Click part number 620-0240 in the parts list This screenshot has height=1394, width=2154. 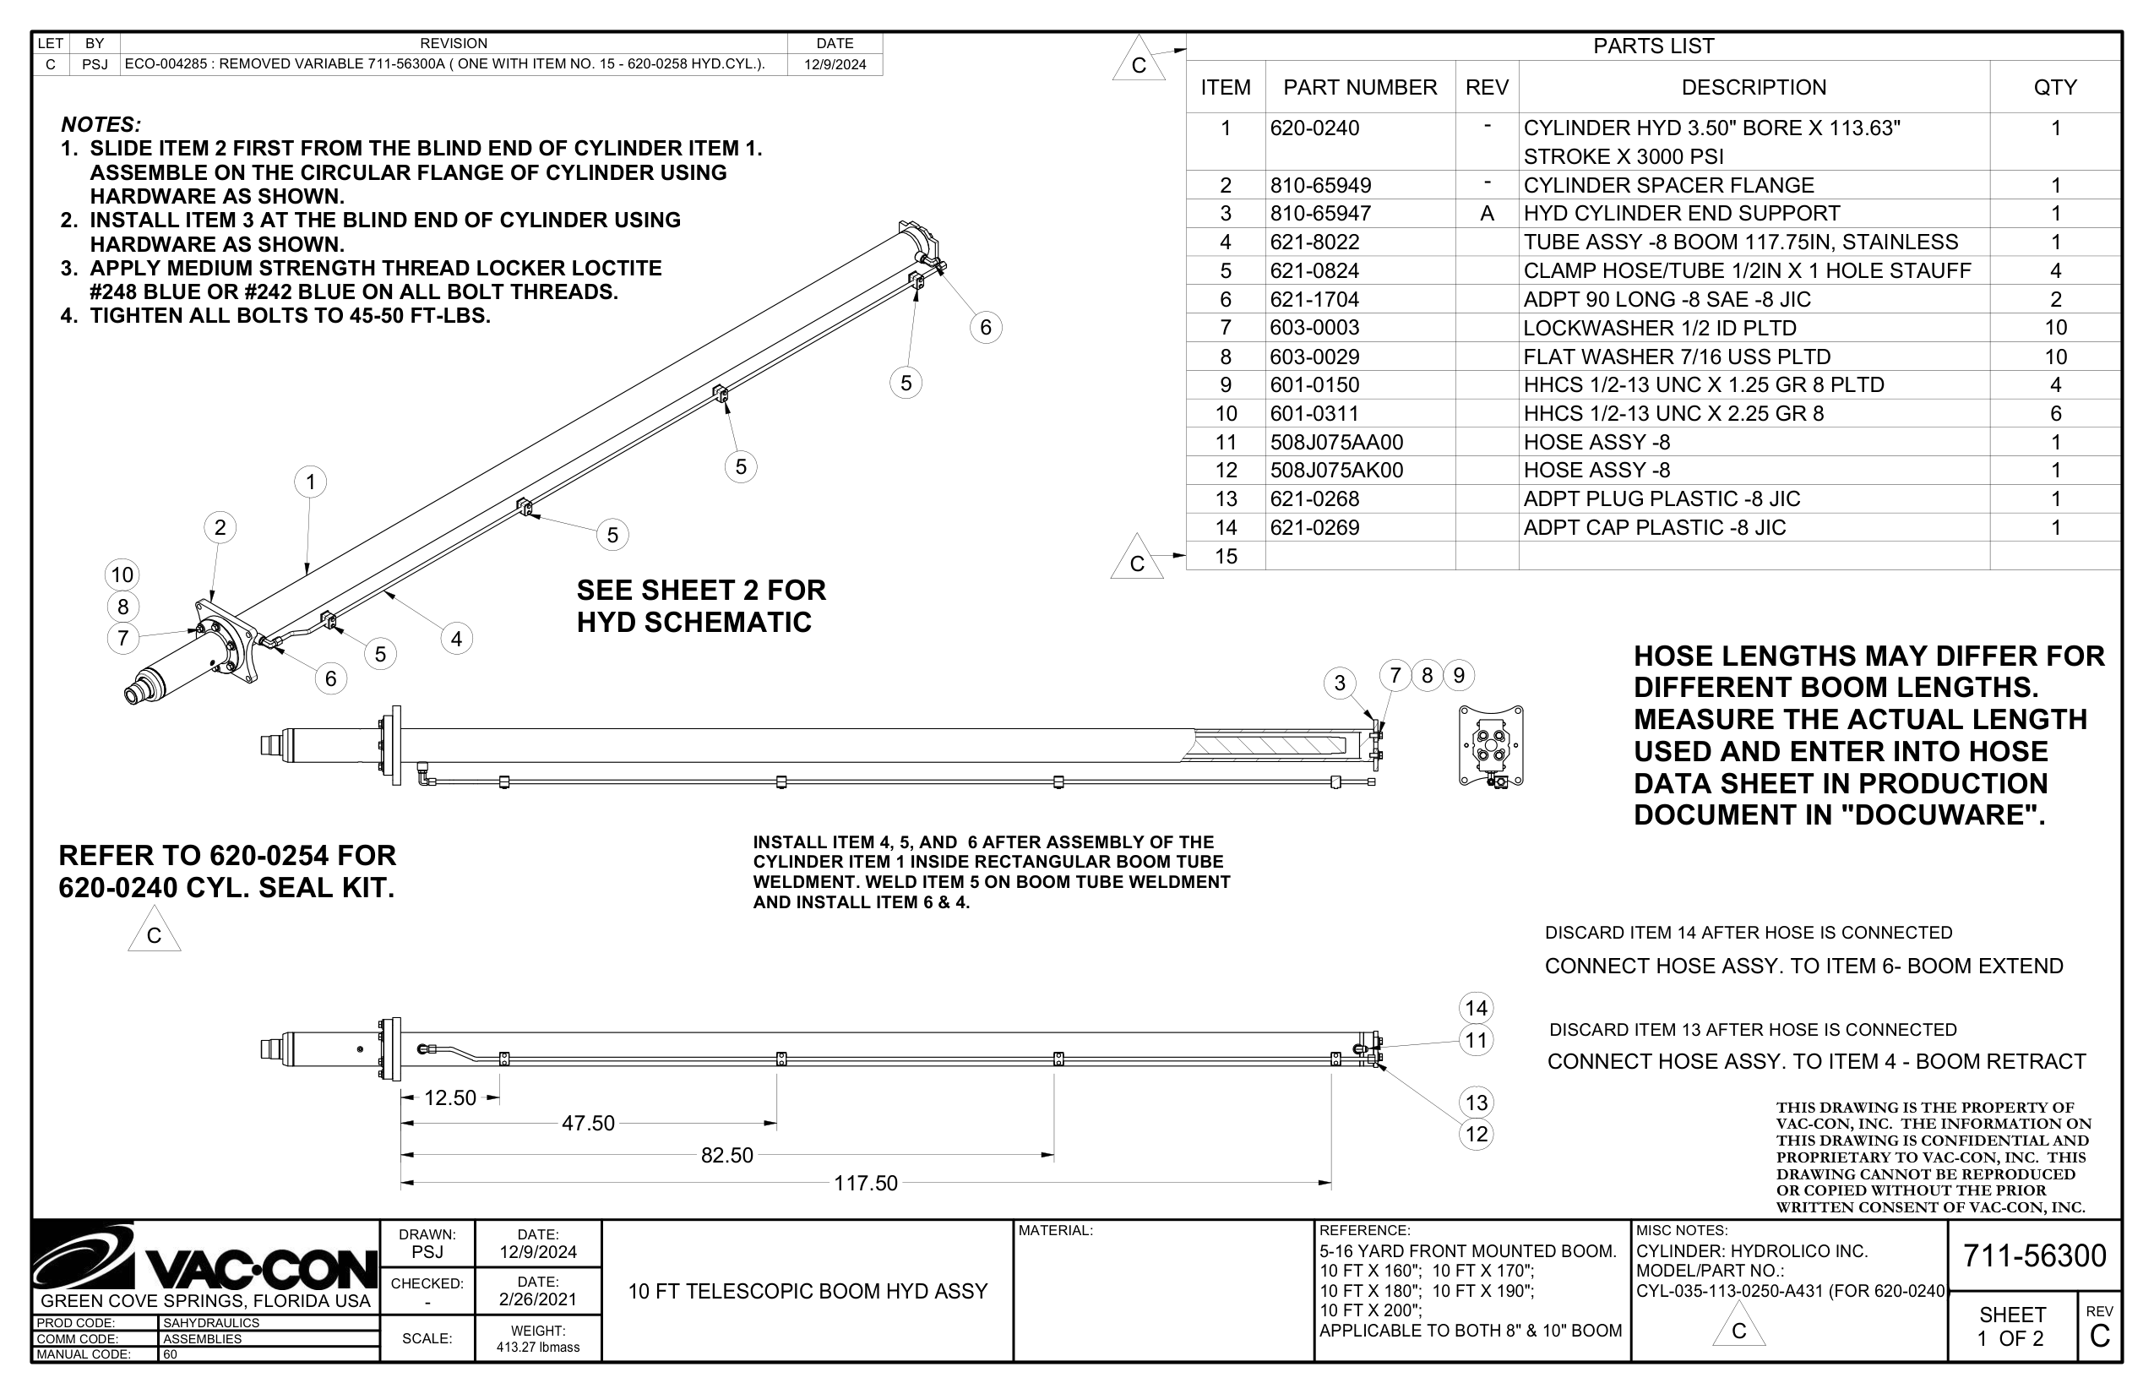pyautogui.click(x=1314, y=128)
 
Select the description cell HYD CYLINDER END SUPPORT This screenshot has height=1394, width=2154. pyautogui.click(x=1681, y=214)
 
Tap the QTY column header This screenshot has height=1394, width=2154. pyautogui.click(x=2054, y=88)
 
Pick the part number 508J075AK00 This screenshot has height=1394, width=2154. pyautogui.click(x=1335, y=471)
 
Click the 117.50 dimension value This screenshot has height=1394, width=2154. pyautogui.click(x=865, y=1183)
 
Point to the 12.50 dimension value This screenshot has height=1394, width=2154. pyautogui.click(x=449, y=1098)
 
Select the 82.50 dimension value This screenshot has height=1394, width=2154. pyautogui.click(x=726, y=1156)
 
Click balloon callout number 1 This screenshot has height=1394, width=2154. pyautogui.click(x=311, y=482)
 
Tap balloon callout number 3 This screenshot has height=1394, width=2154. pyautogui.click(x=1340, y=683)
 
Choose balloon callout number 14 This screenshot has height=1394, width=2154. pyautogui.click(x=1477, y=1009)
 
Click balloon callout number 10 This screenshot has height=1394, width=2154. pyautogui.click(x=122, y=574)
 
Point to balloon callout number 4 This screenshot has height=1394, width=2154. pyautogui.click(x=456, y=639)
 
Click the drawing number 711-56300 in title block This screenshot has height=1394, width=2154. pyautogui.click(x=2034, y=1255)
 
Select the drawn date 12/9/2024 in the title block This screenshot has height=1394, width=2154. pyautogui.click(x=537, y=1252)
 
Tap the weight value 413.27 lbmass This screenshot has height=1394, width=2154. pyautogui.click(x=537, y=1347)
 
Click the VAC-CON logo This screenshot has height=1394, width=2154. pyautogui.click(x=205, y=1258)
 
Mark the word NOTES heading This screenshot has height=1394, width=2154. pyautogui.click(x=101, y=125)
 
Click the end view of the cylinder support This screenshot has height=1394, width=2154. pyautogui.click(x=1491, y=747)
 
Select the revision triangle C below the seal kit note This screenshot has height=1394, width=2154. pyautogui.click(x=154, y=934)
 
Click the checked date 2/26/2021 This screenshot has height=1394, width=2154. pyautogui.click(x=537, y=1299)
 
